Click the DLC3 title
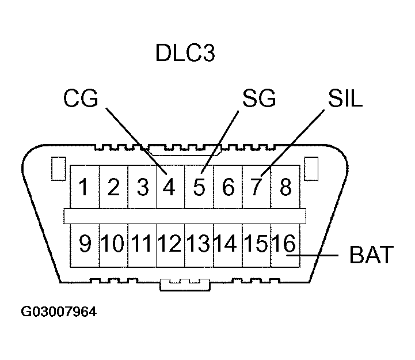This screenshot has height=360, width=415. coord(185,54)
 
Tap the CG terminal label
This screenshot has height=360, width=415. coord(81,99)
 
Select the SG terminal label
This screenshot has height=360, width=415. coord(258,99)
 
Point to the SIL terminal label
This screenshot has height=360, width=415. coord(345,99)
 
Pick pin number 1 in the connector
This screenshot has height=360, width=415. coord(85,188)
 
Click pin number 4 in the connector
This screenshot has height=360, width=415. coord(169,188)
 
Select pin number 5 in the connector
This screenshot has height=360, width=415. coord(199,188)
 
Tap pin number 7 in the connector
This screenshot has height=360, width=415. coord(257,188)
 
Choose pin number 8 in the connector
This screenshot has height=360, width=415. coord(285,188)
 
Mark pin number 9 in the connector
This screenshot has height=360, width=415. coord(85,244)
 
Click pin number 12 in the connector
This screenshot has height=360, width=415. coord(170,244)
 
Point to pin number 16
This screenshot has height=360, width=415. coord(284,244)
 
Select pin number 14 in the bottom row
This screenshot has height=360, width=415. coord(227,244)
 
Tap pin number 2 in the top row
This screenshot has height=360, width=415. coord(113,188)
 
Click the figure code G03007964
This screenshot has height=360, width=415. coord(59,312)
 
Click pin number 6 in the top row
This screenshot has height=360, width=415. coord(228,188)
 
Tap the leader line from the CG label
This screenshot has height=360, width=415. coord(132,138)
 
